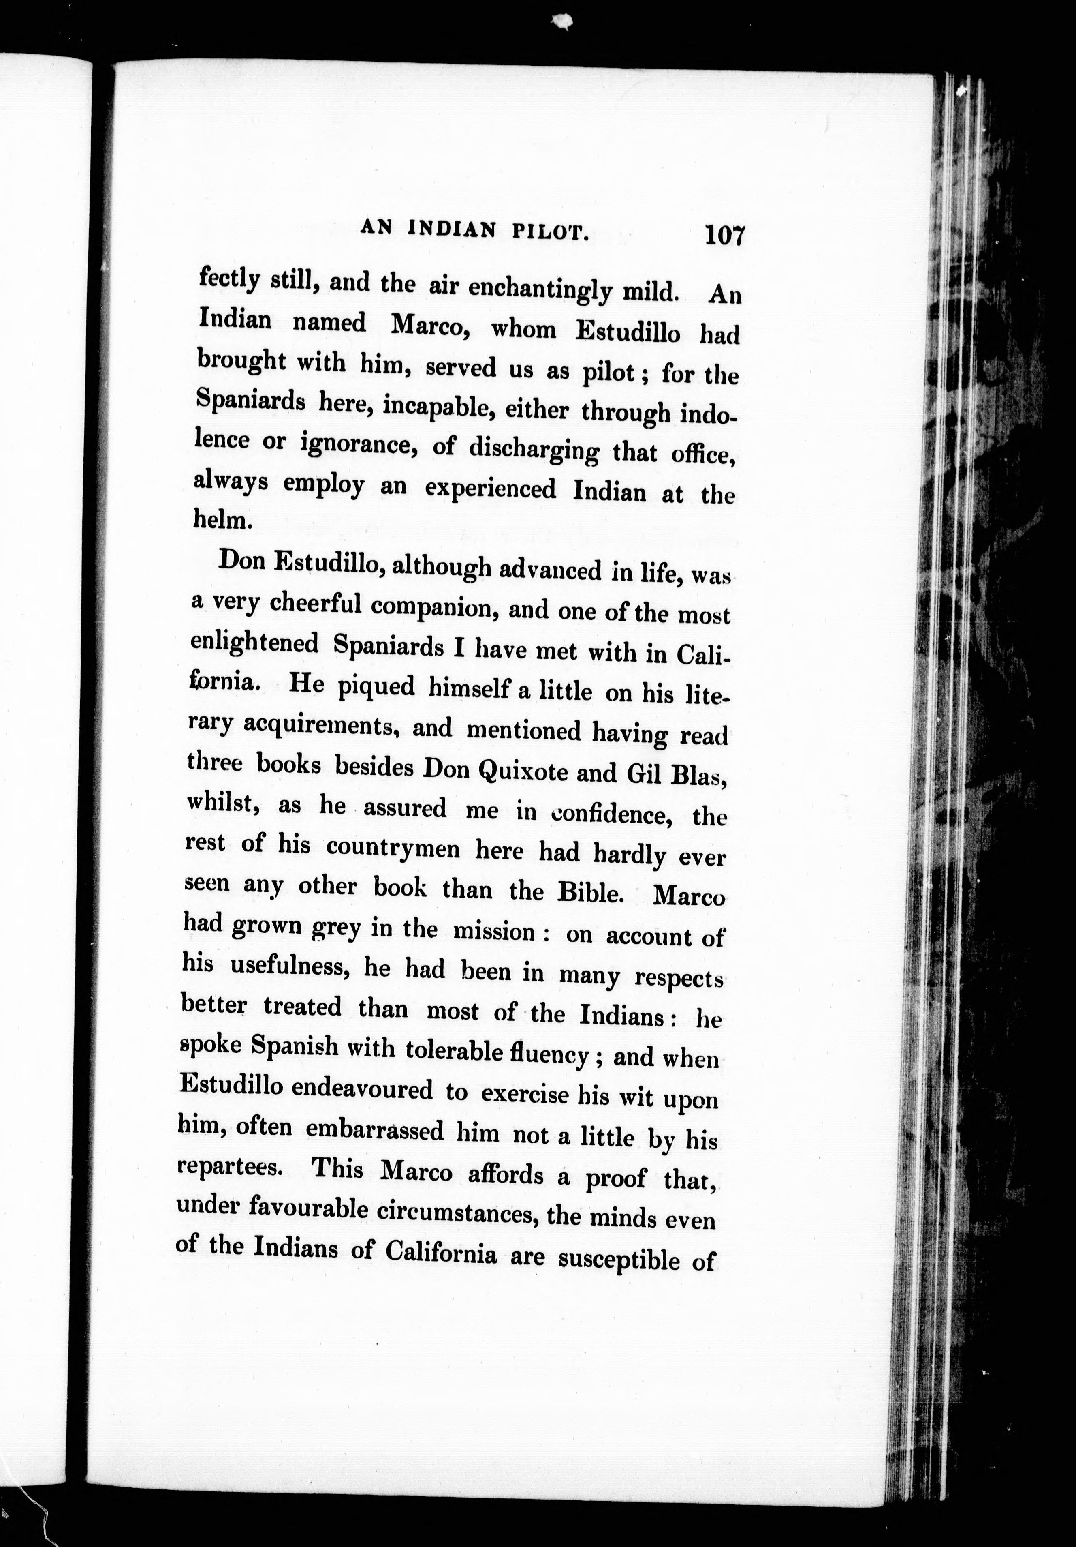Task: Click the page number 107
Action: (x=724, y=236)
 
